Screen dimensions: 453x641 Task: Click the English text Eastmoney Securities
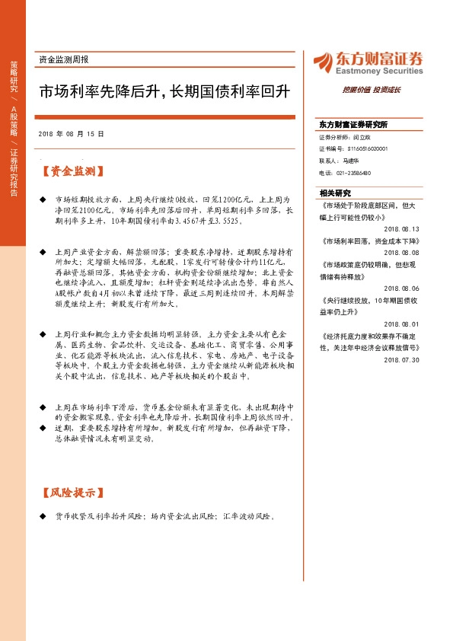(x=378, y=72)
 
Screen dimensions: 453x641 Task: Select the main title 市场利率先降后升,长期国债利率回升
(x=165, y=91)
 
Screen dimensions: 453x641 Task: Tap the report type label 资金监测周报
(x=63, y=59)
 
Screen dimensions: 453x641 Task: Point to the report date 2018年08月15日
(x=71, y=133)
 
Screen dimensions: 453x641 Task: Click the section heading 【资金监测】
(x=73, y=172)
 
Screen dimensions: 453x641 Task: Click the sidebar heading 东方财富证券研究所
(x=353, y=123)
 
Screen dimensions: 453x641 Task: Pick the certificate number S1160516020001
(x=353, y=149)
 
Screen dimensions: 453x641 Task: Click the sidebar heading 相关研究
(x=335, y=193)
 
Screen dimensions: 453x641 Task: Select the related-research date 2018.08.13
(x=402, y=228)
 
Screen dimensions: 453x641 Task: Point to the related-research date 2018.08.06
(x=402, y=289)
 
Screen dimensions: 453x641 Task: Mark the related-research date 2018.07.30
(x=402, y=359)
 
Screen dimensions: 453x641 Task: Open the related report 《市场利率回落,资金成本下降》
(x=365, y=241)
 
